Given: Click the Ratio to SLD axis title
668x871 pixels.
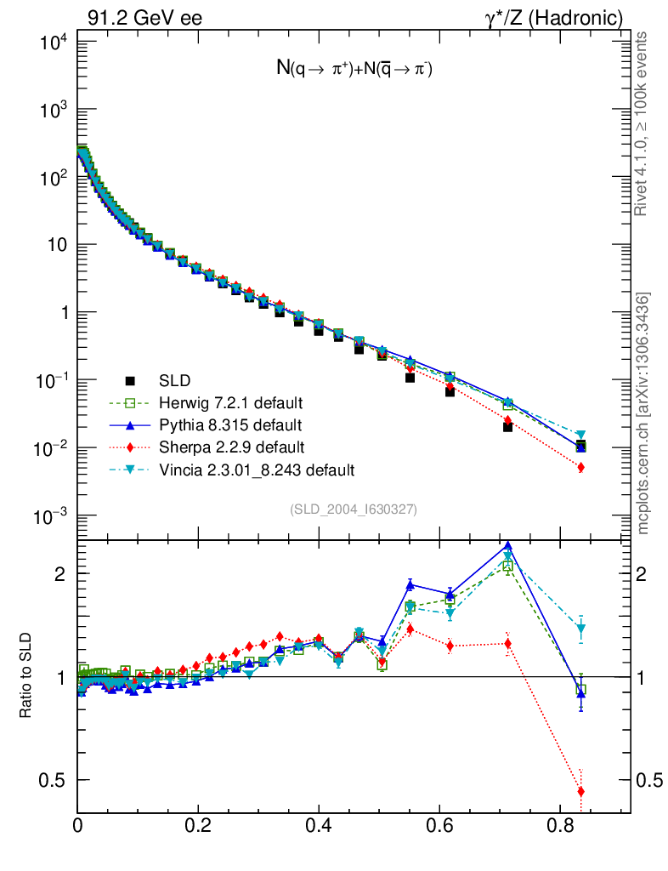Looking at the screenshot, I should coord(26,677).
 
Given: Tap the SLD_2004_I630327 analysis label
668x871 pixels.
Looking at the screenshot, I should coord(354,509).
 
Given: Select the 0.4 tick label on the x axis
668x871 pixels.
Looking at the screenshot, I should coord(319,824).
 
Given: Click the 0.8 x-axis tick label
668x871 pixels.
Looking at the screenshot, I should coord(559,824).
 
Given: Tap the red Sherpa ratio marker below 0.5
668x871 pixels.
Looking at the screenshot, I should coord(581,792).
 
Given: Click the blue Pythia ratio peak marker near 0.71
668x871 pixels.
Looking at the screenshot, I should coord(508,547).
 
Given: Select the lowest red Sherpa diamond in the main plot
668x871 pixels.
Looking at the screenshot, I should coord(581,467).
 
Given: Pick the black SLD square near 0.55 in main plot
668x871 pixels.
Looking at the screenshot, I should coord(410,377).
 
